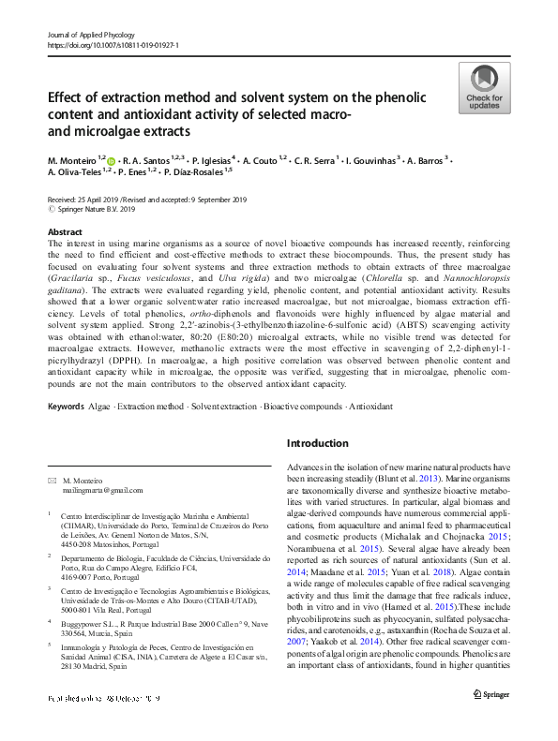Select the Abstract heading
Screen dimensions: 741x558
pos(65,230)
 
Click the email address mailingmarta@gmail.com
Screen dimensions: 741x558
pos(97,490)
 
